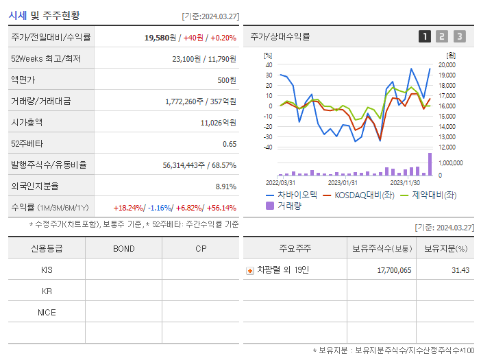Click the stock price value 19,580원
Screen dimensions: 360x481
tap(161, 37)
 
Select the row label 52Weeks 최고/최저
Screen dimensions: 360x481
tap(46, 59)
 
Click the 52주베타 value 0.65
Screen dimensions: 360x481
tap(230, 144)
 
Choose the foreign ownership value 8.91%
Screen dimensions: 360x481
tap(225, 187)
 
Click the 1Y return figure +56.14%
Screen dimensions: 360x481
tap(220, 208)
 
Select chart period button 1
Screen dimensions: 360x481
tap(425, 36)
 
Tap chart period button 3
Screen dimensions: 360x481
tap(459, 36)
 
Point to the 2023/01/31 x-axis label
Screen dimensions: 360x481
tap(343, 182)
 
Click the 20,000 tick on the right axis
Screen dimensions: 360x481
tap(447, 64)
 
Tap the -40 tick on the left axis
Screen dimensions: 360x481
tap(268, 147)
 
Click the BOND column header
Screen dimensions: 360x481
tap(123, 248)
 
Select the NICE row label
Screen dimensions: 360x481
tap(47, 313)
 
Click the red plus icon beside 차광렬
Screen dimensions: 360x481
tap(250, 270)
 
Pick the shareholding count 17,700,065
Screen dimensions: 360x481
tap(394, 270)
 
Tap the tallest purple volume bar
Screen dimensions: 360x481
tap(430, 165)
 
